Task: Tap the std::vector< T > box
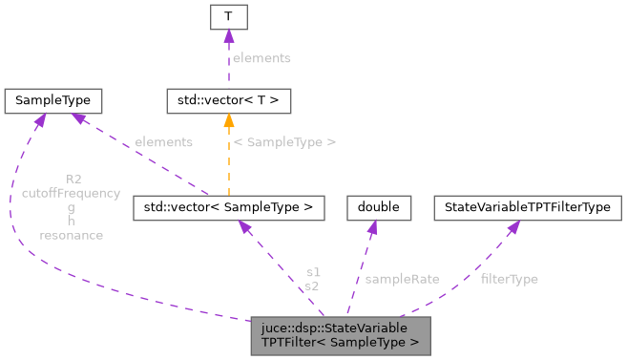tap(228, 100)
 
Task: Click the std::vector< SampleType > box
tap(229, 207)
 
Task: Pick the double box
tap(378, 207)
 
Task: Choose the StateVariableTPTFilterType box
tap(528, 207)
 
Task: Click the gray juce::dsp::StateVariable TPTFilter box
tap(341, 334)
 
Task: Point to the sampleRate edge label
tap(402, 279)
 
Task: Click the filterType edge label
tap(509, 279)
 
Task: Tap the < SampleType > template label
tap(284, 141)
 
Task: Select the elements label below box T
tap(261, 58)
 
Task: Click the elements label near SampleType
tap(163, 141)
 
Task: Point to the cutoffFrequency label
tap(71, 193)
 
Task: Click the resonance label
tap(71, 235)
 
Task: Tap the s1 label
tap(312, 272)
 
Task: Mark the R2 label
tap(73, 180)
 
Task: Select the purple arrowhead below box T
tap(228, 35)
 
